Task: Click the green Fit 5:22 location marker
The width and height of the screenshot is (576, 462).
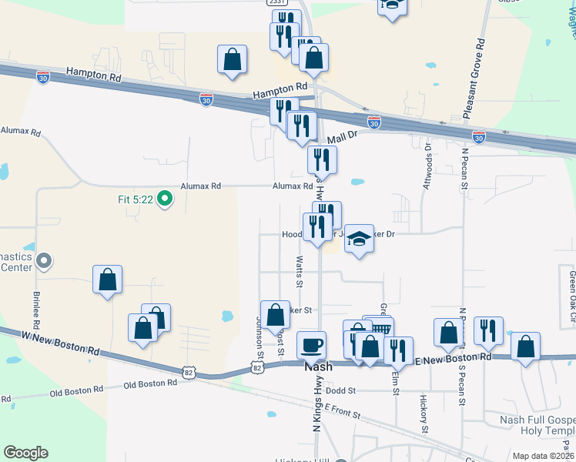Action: pyautogui.click(x=164, y=199)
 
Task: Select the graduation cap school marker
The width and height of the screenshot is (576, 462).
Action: pyautogui.click(x=358, y=239)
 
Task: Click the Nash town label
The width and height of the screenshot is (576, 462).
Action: pyautogui.click(x=318, y=367)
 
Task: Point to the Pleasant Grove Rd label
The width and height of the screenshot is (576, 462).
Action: pyautogui.click(x=474, y=80)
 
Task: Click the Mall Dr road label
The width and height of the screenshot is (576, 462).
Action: pyautogui.click(x=343, y=137)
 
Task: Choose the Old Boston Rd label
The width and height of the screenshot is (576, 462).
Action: pyautogui.click(x=75, y=388)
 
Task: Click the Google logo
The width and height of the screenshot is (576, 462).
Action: pyautogui.click(x=25, y=453)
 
